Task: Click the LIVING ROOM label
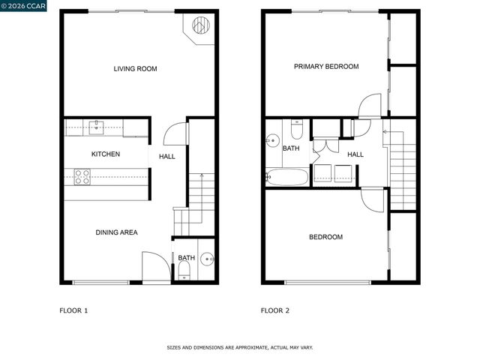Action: pyautogui.click(x=135, y=69)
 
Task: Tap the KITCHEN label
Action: pyautogui.click(x=106, y=154)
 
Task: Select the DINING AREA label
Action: pyautogui.click(x=116, y=232)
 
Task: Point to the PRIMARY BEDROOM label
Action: pyautogui.click(x=326, y=67)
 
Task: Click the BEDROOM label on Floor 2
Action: pyautogui.click(x=326, y=237)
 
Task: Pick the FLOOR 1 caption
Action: pyautogui.click(x=73, y=310)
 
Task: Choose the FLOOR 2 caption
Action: pyautogui.click(x=275, y=310)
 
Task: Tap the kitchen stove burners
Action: pyautogui.click(x=82, y=177)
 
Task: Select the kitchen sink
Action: pyautogui.click(x=97, y=127)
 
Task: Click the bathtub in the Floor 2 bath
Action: pyautogui.click(x=286, y=178)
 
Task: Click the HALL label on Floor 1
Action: pyautogui.click(x=166, y=157)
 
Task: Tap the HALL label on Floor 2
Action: pyautogui.click(x=355, y=154)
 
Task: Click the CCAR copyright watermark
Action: pyautogui.click(x=24, y=6)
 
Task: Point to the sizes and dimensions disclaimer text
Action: pyautogui.click(x=240, y=348)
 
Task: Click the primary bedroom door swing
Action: pyautogui.click(x=370, y=106)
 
